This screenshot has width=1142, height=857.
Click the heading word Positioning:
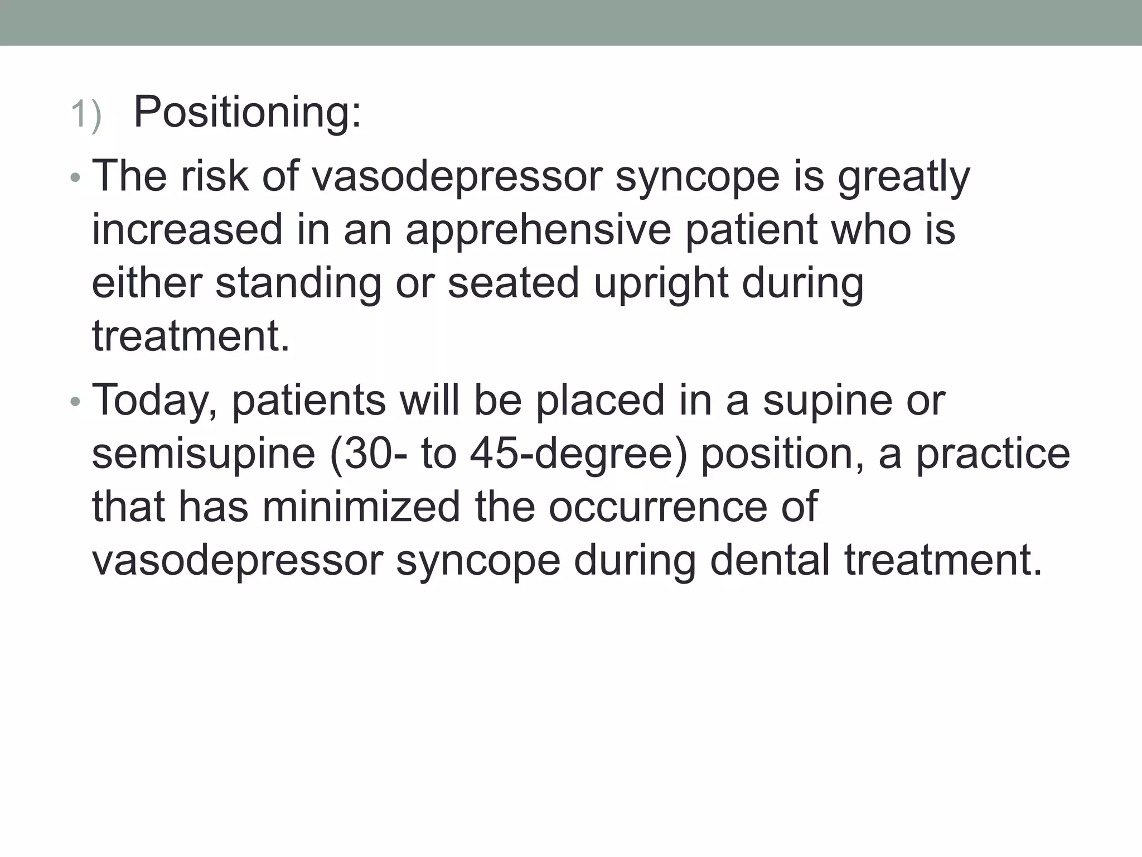point(248,113)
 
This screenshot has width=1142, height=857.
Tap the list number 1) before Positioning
point(86,115)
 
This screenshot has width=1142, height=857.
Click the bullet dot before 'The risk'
point(76,179)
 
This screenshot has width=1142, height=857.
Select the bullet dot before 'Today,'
point(76,402)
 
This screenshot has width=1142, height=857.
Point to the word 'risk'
point(215,176)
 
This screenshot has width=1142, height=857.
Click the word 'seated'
point(513,283)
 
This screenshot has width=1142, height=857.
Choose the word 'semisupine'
point(204,455)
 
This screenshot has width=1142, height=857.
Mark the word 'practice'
point(993,455)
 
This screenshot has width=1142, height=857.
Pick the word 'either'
point(147,283)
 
